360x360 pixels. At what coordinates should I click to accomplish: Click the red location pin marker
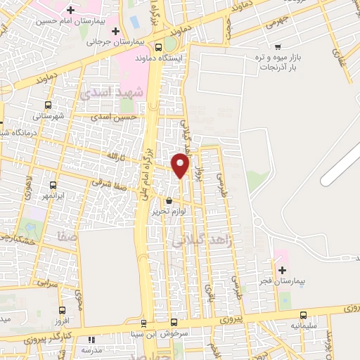[181, 165]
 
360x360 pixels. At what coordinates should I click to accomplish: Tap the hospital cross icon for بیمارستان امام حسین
[70, 10]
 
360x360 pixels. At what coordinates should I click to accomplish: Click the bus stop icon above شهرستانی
[48, 105]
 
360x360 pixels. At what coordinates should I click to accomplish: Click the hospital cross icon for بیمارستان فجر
[282, 271]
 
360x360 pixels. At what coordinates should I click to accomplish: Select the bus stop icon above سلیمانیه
[303, 315]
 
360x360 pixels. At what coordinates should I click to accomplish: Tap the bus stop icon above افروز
[63, 310]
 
